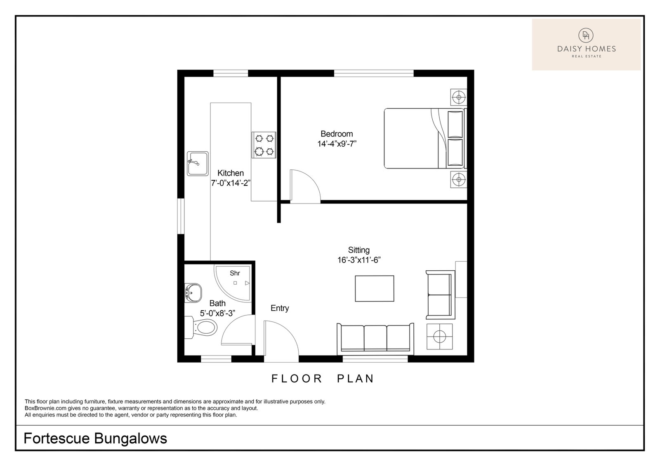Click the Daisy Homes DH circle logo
coord(586,35)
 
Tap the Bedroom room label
coord(337,134)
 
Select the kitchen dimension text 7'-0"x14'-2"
coord(231,183)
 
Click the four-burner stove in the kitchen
coord(264,145)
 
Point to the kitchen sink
coord(198,164)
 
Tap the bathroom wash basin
coord(193,293)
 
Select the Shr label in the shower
coord(235,273)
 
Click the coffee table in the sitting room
coord(375,288)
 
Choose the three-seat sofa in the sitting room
coord(375,339)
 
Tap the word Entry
coord(280,308)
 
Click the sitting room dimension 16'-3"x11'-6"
coord(359,260)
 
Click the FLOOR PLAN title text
coord(323,379)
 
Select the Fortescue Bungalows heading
coord(95,438)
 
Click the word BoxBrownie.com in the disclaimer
coord(46,408)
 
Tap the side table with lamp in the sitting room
coord(440,337)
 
